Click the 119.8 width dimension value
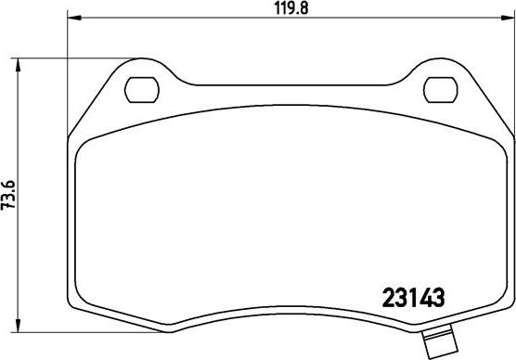click(291, 8)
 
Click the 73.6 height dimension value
click(8, 195)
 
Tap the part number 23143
click(414, 298)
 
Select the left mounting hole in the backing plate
click(142, 90)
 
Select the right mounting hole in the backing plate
click(441, 90)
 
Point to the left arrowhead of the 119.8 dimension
click(74, 18)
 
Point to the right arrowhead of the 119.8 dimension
click(508, 18)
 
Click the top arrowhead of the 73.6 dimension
click(19, 65)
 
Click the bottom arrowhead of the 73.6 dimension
click(19, 326)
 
